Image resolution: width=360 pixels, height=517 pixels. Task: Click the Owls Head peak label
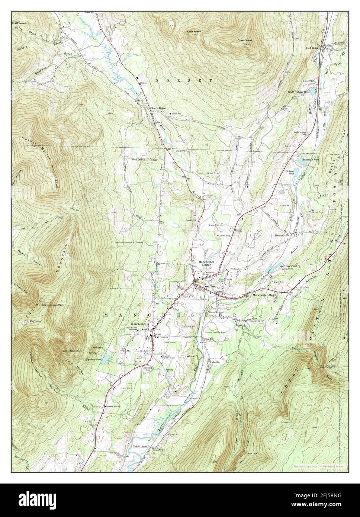(x=194, y=32)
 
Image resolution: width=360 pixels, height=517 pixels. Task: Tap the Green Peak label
(x=245, y=40)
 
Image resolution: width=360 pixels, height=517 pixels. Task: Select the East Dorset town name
(x=313, y=48)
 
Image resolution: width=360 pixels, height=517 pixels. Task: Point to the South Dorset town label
(x=158, y=108)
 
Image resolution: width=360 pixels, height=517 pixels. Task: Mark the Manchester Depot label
(x=265, y=295)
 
